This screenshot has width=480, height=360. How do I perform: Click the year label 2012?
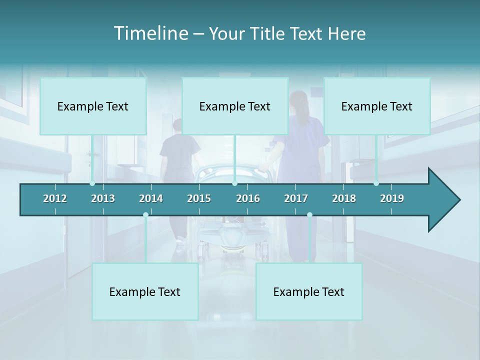coord(55,198)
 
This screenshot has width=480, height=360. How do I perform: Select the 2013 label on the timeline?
coord(103,198)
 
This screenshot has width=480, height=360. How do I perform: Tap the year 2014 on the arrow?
coord(151,198)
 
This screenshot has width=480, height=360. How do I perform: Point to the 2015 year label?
coord(199,198)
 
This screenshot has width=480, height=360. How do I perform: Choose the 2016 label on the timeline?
coord(248,198)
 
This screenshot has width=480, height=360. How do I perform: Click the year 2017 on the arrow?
coord(296,198)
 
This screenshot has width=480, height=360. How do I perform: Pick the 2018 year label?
coord(344,198)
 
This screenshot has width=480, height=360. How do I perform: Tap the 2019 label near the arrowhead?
coord(392,198)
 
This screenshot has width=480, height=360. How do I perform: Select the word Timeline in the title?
coord(150,33)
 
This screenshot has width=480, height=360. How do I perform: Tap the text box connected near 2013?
coord(93,106)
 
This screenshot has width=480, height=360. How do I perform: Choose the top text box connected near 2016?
coord(235,106)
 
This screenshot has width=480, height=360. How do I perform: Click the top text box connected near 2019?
coord(377,106)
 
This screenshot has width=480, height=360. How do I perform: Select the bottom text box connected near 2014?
coord(145,292)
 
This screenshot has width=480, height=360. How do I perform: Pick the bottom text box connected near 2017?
coord(309,292)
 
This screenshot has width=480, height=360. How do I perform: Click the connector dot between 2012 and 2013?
coord(92,183)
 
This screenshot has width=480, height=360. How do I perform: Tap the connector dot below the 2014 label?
coord(145,215)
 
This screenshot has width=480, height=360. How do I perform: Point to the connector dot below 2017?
coord(309,215)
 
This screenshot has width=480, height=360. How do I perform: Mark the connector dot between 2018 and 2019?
coord(376,183)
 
